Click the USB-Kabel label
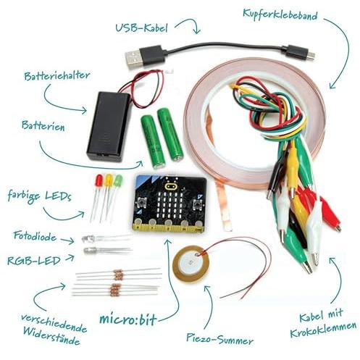point(141,28)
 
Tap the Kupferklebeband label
point(280,15)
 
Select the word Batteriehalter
point(57,75)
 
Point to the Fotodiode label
point(35,236)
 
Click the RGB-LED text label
point(34,261)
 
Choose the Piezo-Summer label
point(219,340)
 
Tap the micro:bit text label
point(128,319)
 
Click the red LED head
point(99,180)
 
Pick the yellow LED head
point(109,180)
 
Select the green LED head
point(118,180)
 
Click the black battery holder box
point(109,126)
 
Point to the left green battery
point(154,141)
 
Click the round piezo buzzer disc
point(191,264)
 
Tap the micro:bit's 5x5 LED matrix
point(170,204)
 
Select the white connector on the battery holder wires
point(168,71)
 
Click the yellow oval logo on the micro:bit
point(171,186)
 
